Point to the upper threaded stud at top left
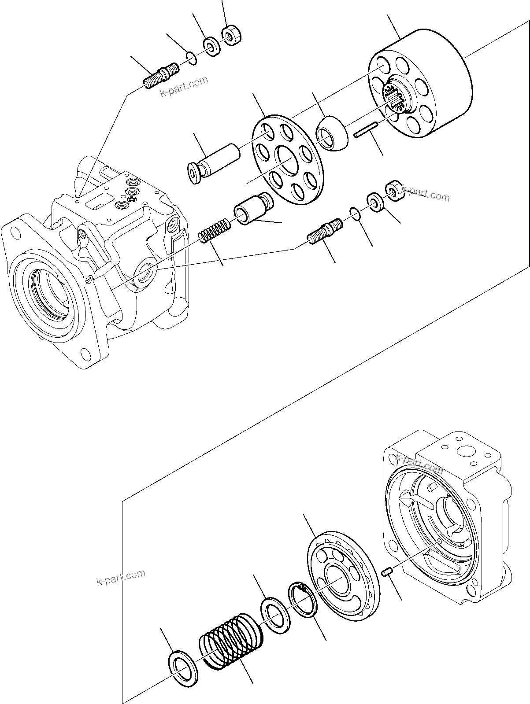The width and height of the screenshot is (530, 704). click(161, 76)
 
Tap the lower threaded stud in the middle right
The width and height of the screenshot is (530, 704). click(324, 231)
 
